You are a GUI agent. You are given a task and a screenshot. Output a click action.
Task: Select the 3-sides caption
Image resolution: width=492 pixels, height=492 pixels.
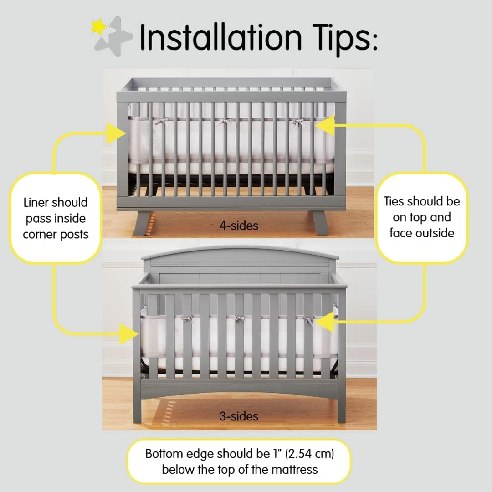[238, 416]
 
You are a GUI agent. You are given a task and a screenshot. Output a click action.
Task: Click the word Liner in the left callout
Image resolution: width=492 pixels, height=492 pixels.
[36, 202]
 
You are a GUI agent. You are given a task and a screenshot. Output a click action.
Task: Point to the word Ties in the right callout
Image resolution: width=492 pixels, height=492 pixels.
[395, 201]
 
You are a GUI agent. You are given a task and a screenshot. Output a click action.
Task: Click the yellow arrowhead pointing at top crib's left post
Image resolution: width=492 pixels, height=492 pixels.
[116, 133]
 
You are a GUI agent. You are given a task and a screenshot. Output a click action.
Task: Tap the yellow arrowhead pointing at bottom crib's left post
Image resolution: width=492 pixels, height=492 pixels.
[129, 333]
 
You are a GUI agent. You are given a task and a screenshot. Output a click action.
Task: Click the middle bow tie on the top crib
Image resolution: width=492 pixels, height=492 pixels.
[224, 122]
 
